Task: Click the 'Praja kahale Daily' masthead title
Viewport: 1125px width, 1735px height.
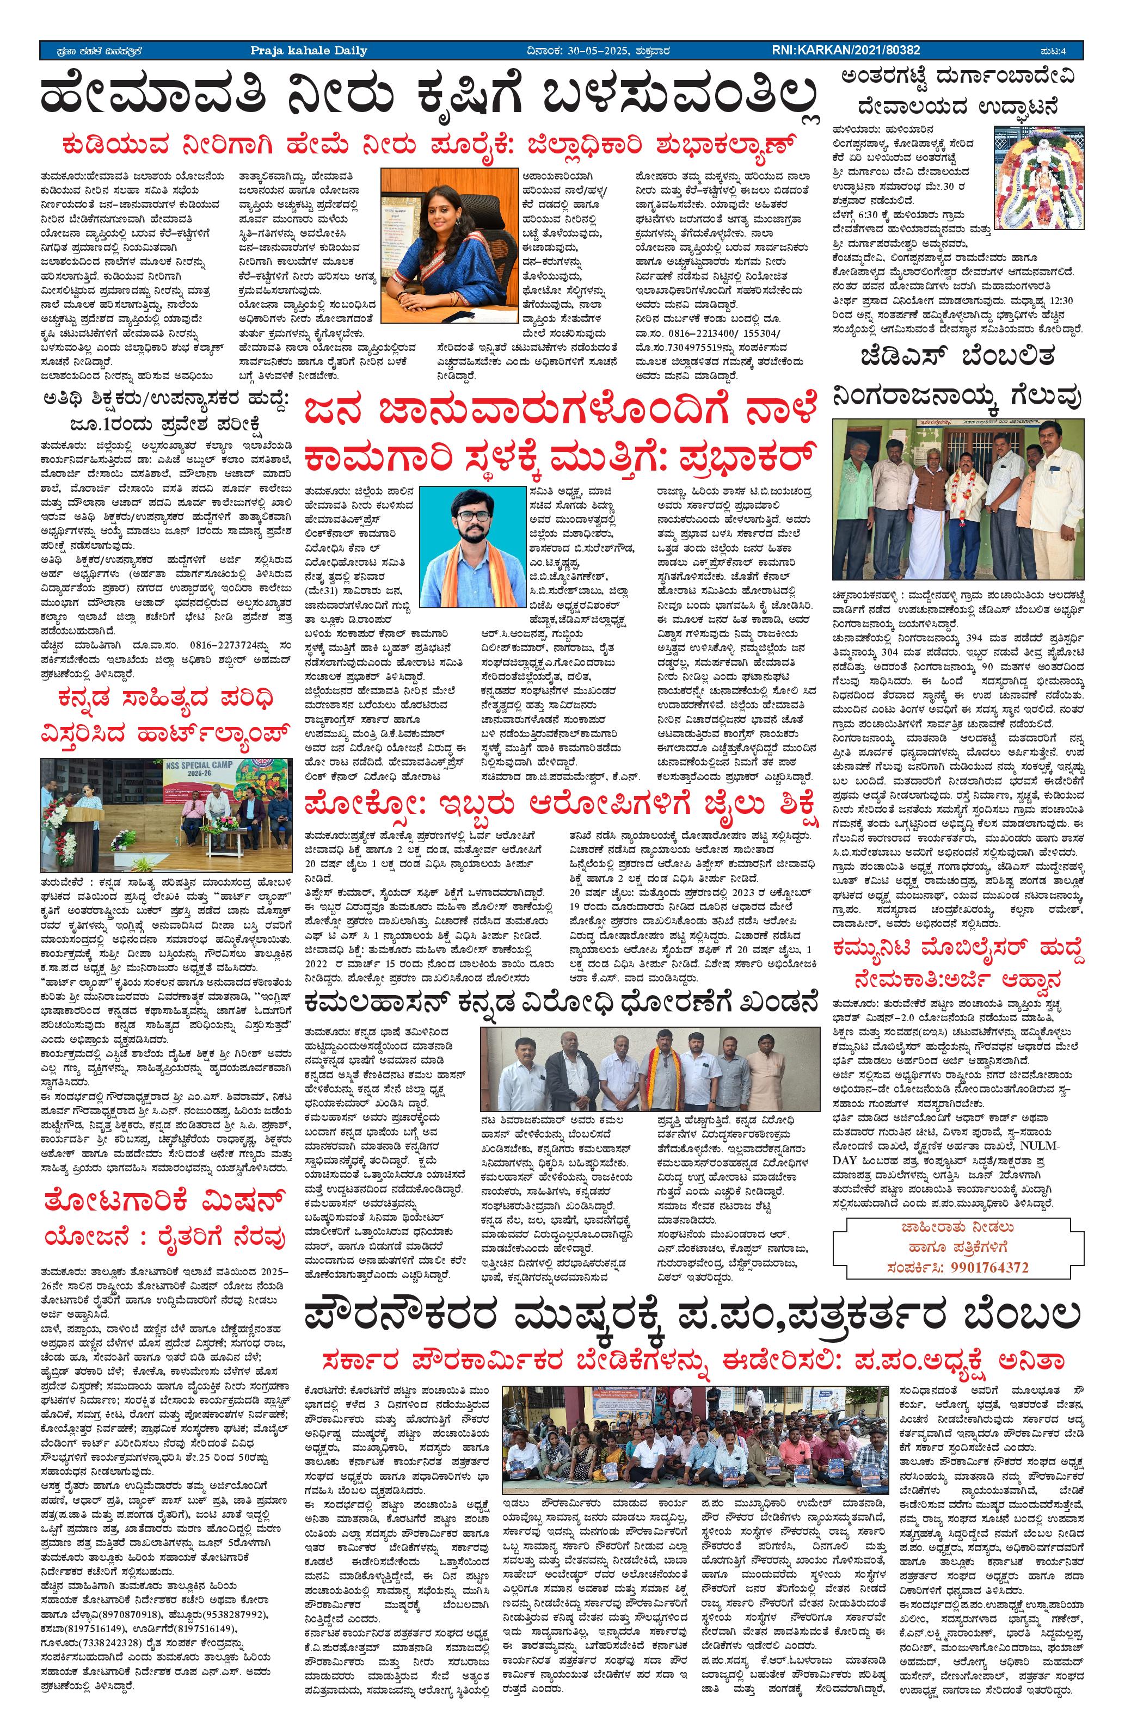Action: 309,50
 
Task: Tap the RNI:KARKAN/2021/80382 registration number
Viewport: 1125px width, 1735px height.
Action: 846,50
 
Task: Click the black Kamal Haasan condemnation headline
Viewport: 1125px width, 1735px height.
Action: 561,1004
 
